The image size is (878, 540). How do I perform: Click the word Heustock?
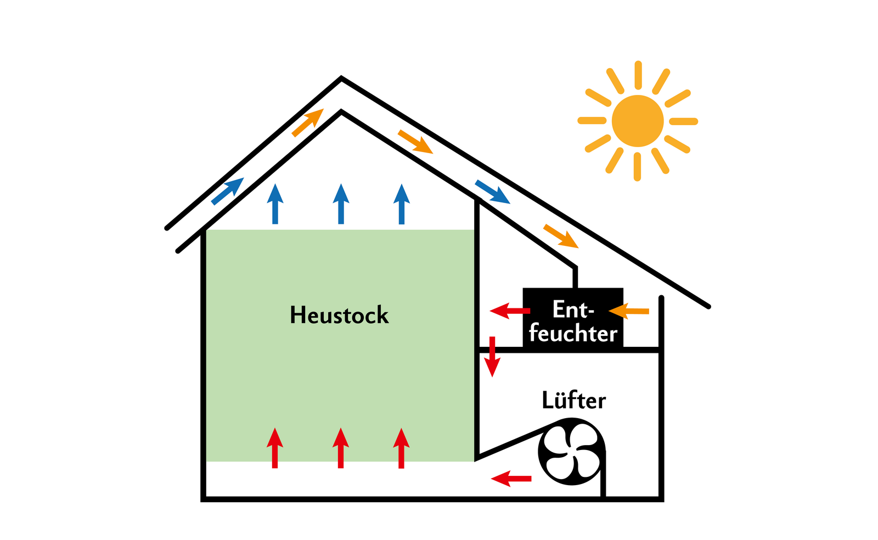pos(339,316)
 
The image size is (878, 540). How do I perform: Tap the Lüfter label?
pos(573,400)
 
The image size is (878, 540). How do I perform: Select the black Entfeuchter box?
pos(573,318)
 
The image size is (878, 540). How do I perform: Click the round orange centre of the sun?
pos(638,121)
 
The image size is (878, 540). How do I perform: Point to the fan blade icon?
pos(571,452)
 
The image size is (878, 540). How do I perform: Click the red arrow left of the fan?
pos(511,479)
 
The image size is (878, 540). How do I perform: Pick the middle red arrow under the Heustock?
pos(341,448)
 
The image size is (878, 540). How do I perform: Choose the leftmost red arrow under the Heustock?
pos(275,448)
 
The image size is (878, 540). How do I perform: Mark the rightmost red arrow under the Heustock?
pos(401,448)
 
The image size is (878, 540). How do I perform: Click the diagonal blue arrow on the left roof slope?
pos(227,190)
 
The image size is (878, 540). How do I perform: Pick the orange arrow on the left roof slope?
pos(307,122)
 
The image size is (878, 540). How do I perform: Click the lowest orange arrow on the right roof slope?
pos(561,236)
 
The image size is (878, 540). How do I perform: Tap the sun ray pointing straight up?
pos(638,75)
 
